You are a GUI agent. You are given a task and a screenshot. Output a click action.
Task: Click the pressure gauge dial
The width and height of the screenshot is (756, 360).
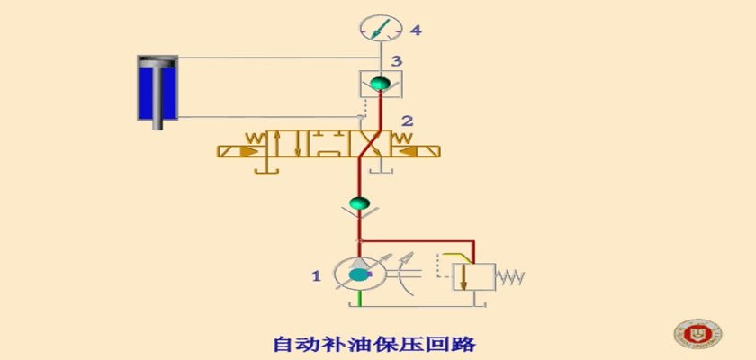[x=381, y=29]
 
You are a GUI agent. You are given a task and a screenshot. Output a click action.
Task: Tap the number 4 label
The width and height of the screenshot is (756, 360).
[x=416, y=31]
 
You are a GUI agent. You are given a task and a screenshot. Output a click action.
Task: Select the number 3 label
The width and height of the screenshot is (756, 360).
[x=396, y=61]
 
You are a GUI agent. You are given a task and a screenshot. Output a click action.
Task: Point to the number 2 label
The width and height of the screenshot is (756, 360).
[x=408, y=121]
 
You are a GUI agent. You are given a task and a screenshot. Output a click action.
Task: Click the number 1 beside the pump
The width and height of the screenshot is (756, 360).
[x=316, y=276]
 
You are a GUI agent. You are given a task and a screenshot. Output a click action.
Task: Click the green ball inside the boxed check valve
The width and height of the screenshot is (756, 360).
[x=381, y=83]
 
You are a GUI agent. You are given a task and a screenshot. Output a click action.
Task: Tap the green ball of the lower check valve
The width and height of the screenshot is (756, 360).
[x=359, y=202]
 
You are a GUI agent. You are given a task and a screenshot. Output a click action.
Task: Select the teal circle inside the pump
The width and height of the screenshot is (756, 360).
[x=358, y=274]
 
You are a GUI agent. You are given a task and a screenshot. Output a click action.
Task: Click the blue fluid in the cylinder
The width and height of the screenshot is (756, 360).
[x=157, y=93]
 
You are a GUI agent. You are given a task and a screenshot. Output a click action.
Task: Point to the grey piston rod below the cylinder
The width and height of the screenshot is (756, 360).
[x=157, y=124]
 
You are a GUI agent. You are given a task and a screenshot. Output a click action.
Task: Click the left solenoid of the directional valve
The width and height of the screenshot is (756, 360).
[x=242, y=152]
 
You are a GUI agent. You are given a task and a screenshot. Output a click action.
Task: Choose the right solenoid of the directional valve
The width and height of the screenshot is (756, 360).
[x=416, y=152]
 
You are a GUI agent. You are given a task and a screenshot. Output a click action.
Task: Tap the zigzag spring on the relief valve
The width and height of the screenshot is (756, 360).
[x=509, y=277]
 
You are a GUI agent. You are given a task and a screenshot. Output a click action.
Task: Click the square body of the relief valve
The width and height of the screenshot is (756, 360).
[x=474, y=277]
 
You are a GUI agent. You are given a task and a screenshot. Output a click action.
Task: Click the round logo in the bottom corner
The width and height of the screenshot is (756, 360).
[x=697, y=333]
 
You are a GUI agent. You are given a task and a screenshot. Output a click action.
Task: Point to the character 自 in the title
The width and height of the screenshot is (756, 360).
[x=283, y=344]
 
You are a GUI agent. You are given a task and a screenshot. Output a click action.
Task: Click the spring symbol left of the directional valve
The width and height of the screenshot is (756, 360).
[x=255, y=139]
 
